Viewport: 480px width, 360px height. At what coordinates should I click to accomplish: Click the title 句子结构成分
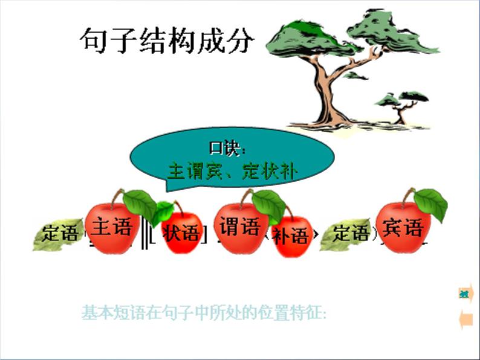pos(166,40)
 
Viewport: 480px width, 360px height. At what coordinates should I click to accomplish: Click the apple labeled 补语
pos(290,236)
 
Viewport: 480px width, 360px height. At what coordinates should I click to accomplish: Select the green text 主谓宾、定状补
pos(232,172)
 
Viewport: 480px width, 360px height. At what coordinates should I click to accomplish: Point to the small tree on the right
pos(400,106)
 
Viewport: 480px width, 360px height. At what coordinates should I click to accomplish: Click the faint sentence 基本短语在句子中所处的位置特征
pos(204,313)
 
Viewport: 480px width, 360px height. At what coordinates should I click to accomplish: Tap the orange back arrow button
pos(465,320)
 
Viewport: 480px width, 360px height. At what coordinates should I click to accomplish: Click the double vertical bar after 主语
pos(144,234)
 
